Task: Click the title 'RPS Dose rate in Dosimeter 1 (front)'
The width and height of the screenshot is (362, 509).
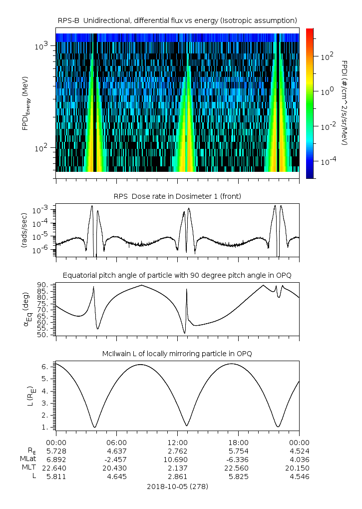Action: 177,196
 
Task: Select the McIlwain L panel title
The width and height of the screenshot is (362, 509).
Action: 177,354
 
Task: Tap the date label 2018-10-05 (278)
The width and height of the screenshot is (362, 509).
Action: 177,486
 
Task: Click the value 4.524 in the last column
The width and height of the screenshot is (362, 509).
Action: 299,451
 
